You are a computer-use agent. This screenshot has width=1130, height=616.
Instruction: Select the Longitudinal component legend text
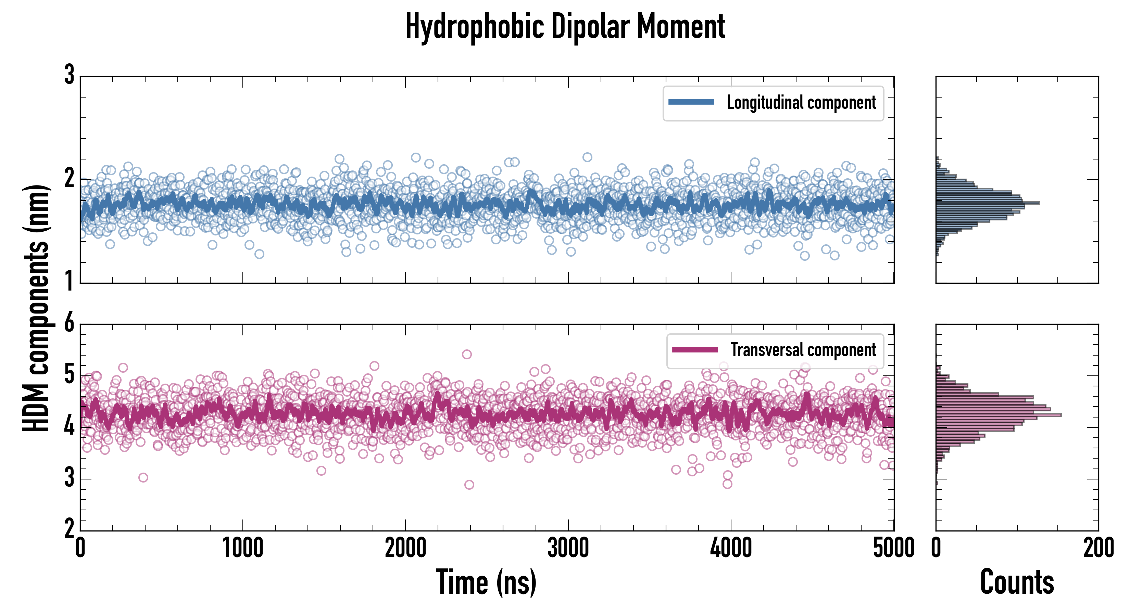pos(801,103)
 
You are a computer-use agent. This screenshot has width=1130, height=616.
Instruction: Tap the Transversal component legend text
pos(803,350)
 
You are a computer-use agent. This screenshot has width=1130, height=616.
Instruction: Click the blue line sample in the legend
pos(691,102)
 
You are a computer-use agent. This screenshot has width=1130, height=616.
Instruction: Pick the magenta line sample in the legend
pos(695,350)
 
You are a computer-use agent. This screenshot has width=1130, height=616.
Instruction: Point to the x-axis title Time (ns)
pos(486,582)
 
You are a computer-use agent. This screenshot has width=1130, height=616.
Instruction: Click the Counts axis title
pos(1017,582)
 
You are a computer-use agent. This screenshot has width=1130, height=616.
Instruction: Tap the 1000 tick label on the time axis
pos(242,548)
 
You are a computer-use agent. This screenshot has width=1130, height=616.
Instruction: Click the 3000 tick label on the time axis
pos(568,548)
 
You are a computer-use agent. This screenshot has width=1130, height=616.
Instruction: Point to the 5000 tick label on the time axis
pos(894,548)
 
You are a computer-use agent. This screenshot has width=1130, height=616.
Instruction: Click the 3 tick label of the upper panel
pos(69,75)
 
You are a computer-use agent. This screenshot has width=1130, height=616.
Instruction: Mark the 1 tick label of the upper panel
pos(69,281)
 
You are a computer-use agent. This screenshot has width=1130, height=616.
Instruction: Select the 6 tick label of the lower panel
pos(69,323)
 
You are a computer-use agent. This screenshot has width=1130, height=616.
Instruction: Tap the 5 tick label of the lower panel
pos(69,375)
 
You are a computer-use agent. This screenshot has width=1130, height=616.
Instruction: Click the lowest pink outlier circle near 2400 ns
pos(469,485)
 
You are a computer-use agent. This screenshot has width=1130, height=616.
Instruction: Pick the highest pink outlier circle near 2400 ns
pos(467,354)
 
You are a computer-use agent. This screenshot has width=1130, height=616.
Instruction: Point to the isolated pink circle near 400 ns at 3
pos(143,477)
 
